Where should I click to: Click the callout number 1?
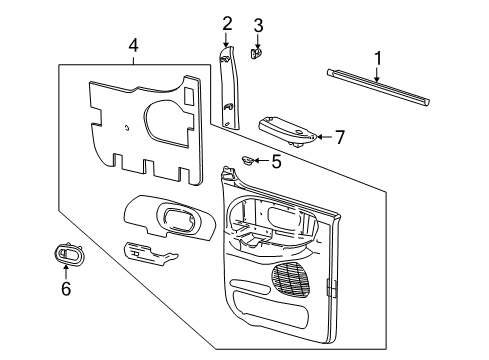click(377, 59)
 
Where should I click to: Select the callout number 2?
click(227, 24)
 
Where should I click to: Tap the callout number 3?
click(258, 26)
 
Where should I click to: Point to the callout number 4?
click(133, 45)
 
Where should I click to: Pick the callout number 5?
click(276, 162)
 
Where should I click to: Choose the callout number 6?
click(66, 288)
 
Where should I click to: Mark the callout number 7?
click(340, 137)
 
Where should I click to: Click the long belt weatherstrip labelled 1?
click(378, 87)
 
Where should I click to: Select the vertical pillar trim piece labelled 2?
click(230, 87)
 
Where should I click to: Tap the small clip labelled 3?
click(256, 53)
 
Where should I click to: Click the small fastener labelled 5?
click(247, 160)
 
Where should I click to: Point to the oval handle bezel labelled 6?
click(68, 254)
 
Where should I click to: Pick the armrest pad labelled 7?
click(287, 131)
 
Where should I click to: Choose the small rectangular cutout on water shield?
click(189, 96)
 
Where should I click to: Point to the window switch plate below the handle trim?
click(150, 254)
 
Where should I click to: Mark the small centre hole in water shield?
click(127, 128)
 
